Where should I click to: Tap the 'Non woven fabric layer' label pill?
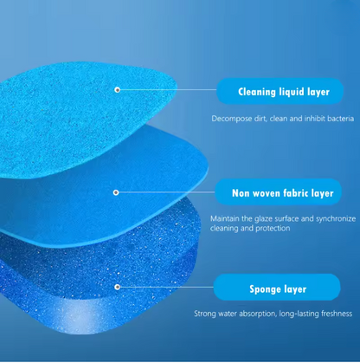(282, 192)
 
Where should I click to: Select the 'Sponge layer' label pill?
(282, 288)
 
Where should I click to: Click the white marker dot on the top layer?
(117, 89)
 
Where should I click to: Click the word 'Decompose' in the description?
(230, 118)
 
